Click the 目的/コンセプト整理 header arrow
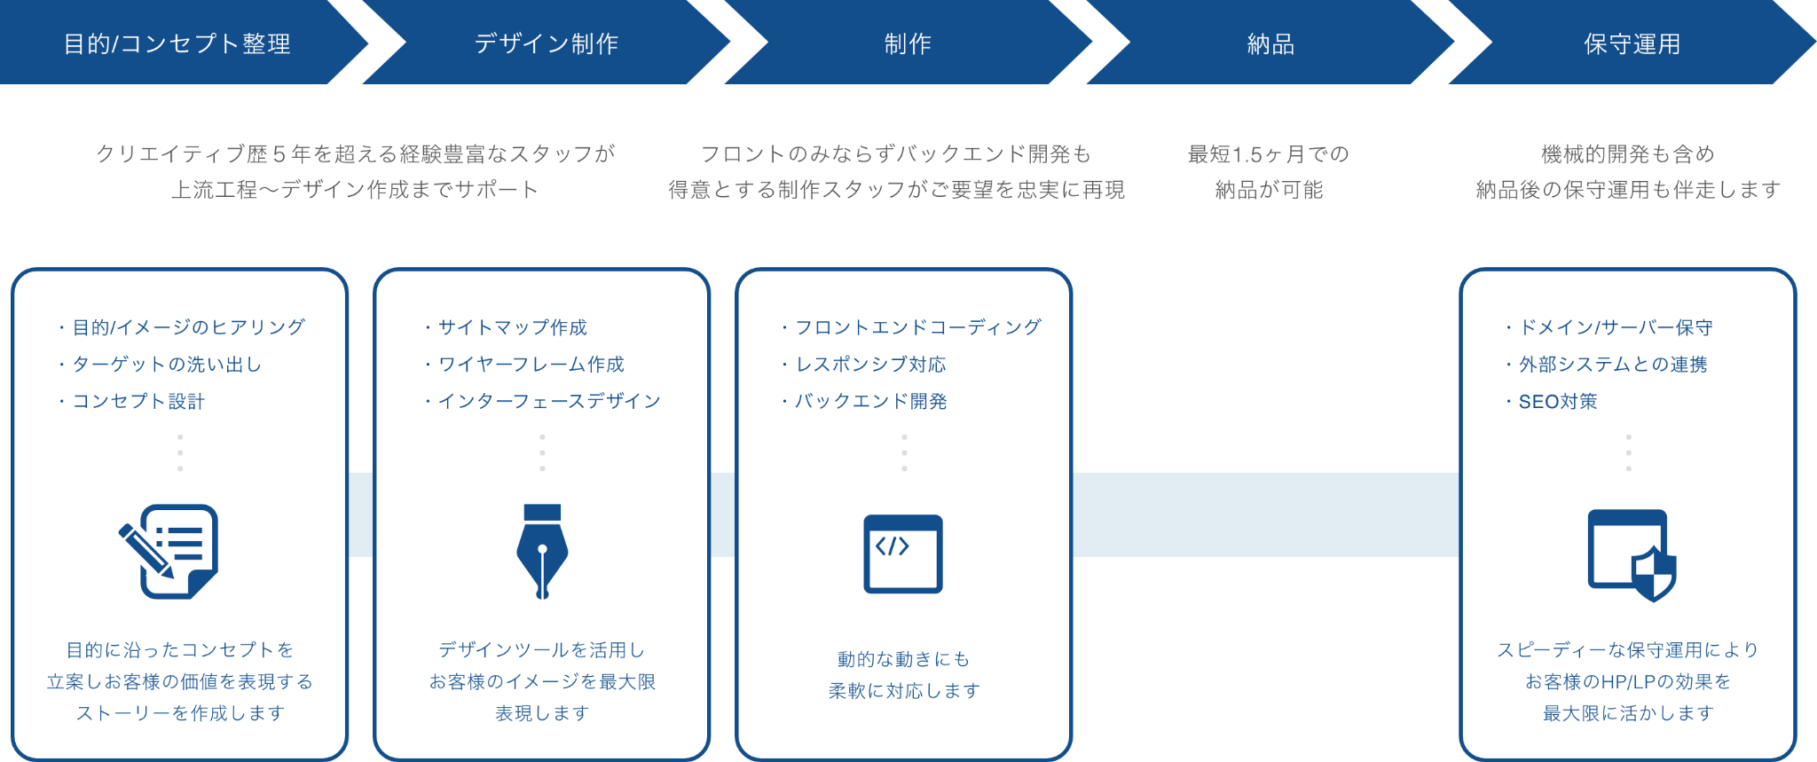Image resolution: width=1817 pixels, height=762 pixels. (x=177, y=43)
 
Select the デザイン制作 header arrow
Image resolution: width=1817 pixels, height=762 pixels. (x=546, y=43)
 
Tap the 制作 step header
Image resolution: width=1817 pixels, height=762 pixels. (x=908, y=43)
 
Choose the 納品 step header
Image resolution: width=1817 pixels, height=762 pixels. (x=1270, y=43)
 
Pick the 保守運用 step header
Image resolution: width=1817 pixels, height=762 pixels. (x=1632, y=43)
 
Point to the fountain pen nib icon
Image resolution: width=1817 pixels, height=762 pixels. (x=542, y=552)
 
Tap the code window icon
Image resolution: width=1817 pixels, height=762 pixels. (x=903, y=554)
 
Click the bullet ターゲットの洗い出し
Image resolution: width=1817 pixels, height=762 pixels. (x=166, y=365)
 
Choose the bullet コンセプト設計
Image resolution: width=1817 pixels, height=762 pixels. (x=138, y=402)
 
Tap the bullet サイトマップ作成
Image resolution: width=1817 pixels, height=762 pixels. (x=512, y=327)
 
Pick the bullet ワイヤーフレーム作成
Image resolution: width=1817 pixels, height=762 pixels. (x=531, y=365)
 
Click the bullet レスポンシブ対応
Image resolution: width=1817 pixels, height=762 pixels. (x=870, y=365)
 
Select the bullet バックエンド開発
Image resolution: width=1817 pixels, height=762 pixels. (x=870, y=402)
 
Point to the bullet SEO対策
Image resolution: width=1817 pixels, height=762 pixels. (x=1557, y=402)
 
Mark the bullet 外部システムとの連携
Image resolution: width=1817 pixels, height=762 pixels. (x=1612, y=365)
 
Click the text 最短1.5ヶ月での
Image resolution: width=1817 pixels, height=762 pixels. (x=1269, y=154)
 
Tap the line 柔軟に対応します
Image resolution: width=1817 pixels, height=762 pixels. (x=904, y=691)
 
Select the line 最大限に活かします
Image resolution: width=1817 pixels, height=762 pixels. (x=1628, y=713)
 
